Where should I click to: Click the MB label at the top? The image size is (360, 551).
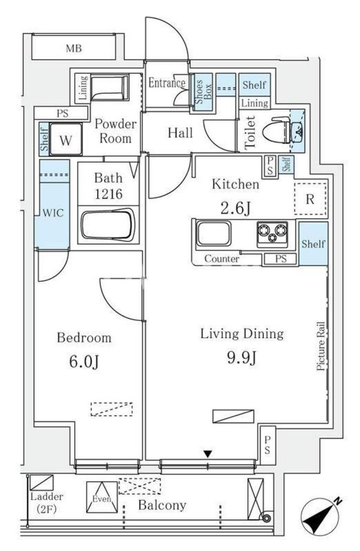74,49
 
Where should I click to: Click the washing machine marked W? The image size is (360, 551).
67,141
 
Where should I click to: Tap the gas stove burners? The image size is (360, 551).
272,233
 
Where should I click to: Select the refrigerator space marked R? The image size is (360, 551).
310,200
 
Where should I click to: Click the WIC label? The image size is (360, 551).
50,212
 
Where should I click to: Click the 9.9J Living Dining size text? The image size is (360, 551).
241,358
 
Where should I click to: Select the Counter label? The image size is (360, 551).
222,259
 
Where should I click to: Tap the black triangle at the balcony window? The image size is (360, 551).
207,454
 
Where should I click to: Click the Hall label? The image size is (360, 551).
180,133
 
